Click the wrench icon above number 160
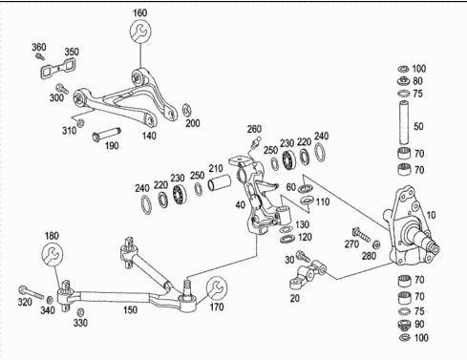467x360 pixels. coord(140,31)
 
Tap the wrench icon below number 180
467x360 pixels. coord(53,254)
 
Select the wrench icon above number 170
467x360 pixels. coord(217,287)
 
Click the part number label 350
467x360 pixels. coord(72,52)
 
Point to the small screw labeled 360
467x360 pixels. coord(40,56)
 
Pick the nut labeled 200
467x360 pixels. coord(186,110)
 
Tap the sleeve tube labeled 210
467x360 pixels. coord(219,182)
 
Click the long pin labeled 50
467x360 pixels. coord(404,122)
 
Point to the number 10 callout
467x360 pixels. coord(431,215)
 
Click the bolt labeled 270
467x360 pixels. coord(361,234)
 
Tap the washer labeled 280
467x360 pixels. coord(376,244)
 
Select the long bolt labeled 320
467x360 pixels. coord(31,292)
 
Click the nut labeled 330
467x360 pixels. coord(81,311)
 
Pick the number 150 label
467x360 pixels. coord(130,309)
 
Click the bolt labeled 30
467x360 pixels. coord(303,256)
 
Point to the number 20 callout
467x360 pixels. coord(295,298)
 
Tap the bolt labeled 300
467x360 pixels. coord(62,88)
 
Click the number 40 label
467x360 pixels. coord(241,204)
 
